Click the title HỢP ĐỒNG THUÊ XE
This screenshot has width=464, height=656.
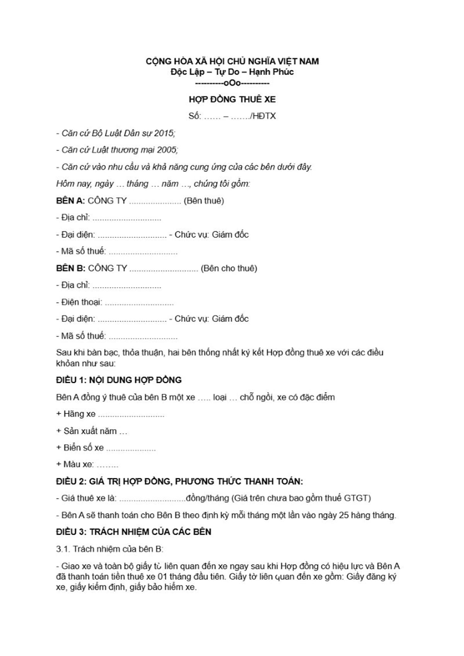(x=232, y=99)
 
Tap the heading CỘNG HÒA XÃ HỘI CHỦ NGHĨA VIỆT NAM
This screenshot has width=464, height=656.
(x=232, y=61)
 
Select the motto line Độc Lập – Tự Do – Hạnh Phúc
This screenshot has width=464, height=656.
(x=232, y=72)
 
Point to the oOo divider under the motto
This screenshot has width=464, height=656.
(x=232, y=83)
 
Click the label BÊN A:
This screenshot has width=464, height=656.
(x=70, y=201)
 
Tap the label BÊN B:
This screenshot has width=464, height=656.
(x=70, y=268)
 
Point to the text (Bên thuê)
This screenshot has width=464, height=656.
(x=204, y=201)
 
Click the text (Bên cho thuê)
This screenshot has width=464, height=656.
(x=229, y=268)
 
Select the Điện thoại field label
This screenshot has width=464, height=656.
(x=81, y=302)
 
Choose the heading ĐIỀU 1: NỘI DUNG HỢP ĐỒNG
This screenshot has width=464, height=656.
(x=119, y=380)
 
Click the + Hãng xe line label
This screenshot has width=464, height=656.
(x=76, y=414)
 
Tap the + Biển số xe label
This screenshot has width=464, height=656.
(x=80, y=447)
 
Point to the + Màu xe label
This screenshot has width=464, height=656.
(x=75, y=464)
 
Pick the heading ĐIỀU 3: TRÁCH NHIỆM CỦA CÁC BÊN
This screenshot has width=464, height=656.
(x=134, y=532)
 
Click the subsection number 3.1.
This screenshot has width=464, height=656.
(x=63, y=549)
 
